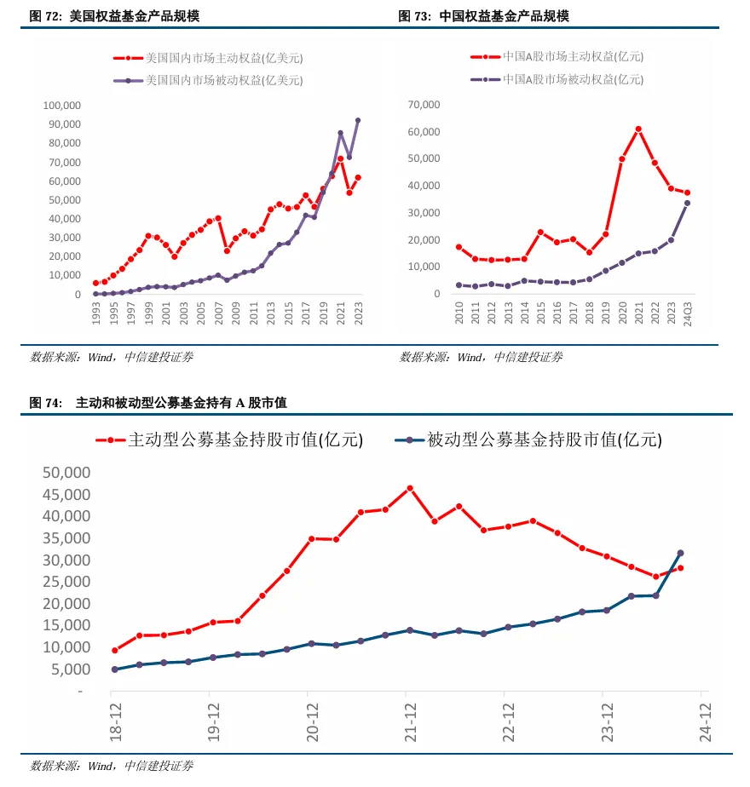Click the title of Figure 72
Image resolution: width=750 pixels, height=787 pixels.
[x=114, y=16]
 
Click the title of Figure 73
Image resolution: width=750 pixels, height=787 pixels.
[x=483, y=16]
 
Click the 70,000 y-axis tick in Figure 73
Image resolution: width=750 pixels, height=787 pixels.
[x=424, y=105]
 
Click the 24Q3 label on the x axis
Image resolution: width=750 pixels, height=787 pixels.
[x=687, y=315]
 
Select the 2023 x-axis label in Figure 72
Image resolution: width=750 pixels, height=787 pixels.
[x=358, y=313]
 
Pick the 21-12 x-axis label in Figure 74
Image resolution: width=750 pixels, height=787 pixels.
[x=410, y=721]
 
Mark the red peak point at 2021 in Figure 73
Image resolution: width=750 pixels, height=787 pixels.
[x=638, y=129]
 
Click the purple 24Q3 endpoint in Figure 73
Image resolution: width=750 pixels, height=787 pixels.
[x=687, y=203]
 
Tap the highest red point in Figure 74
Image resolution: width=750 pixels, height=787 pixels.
[x=410, y=488]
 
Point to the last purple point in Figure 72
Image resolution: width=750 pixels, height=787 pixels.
[x=357, y=120]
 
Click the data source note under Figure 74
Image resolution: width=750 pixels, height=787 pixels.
[x=111, y=766]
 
